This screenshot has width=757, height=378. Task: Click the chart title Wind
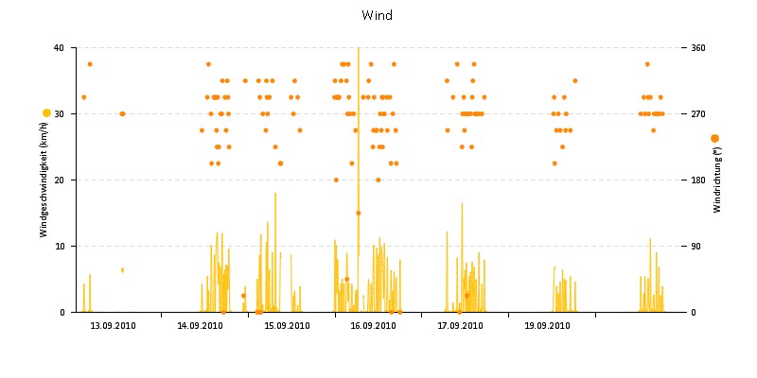(377, 15)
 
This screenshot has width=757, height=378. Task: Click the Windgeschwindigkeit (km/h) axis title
(44, 180)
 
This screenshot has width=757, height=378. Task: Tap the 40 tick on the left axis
(59, 47)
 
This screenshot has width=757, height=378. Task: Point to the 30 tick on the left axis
(59, 113)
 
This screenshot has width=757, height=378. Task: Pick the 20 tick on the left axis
(59, 180)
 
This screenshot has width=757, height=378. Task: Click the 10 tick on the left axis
(59, 246)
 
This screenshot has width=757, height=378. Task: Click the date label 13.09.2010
(114, 326)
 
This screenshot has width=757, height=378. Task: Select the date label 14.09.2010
(201, 326)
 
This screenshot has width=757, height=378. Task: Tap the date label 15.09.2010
(287, 326)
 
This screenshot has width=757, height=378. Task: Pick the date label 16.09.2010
(374, 326)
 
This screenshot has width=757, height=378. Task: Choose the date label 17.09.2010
(461, 326)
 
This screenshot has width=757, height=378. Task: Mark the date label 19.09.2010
(547, 326)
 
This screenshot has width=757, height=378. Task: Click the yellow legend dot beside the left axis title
(46, 113)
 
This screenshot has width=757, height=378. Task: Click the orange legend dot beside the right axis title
(714, 139)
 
